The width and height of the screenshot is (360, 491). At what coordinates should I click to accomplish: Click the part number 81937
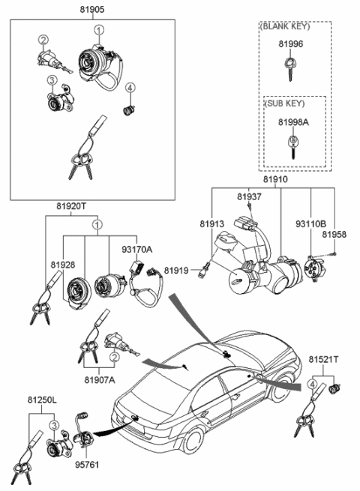coord(249,196)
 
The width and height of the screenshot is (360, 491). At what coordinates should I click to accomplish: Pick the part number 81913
coord(211,223)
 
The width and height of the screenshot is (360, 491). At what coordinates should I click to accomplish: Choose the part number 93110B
coord(310,223)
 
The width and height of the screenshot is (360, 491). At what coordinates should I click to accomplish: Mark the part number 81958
coord(334,235)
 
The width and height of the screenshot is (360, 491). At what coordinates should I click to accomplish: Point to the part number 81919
coord(176,269)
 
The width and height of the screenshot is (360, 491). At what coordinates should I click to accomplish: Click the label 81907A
coord(100,379)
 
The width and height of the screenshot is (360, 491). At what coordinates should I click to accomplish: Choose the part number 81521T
coord(323,360)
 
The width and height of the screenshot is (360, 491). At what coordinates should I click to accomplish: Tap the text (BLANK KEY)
coord(282,25)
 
